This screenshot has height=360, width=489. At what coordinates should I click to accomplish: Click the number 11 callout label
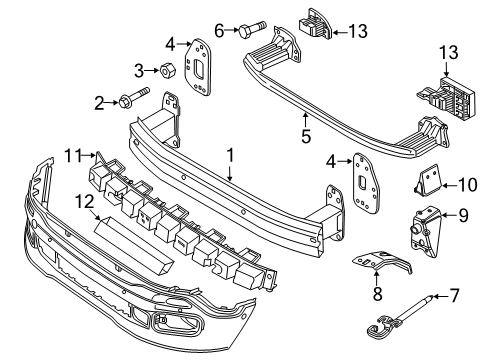(x=72, y=153)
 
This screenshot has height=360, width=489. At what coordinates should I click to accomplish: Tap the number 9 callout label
(x=464, y=214)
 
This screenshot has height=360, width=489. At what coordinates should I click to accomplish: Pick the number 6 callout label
(x=219, y=31)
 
